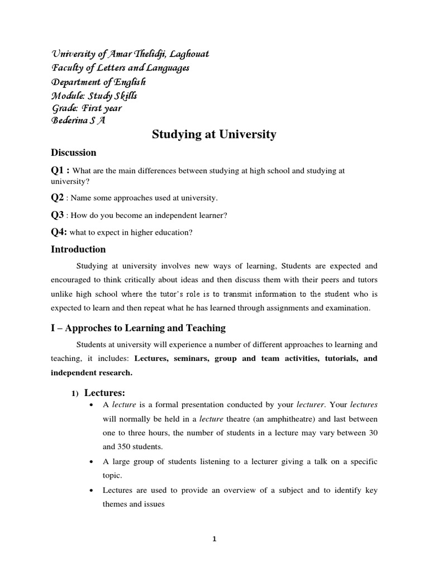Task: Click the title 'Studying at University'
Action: pyautogui.click(x=214, y=135)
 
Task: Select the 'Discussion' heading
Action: pyautogui.click(x=74, y=152)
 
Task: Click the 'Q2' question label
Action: pyautogui.click(x=58, y=197)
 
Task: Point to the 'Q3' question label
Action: pyautogui.click(x=58, y=214)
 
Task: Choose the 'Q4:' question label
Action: pyautogui.click(x=59, y=232)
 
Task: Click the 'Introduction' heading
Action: pyautogui.click(x=78, y=249)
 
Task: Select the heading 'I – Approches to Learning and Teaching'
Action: pyautogui.click(x=138, y=328)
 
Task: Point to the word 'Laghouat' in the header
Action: pyautogui.click(x=188, y=54)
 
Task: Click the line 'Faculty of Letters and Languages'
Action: pyautogui.click(x=120, y=68)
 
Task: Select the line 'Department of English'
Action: pyautogui.click(x=98, y=82)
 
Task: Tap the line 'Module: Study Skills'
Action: pyautogui.click(x=94, y=95)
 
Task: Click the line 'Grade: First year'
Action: pyautogui.click(x=86, y=108)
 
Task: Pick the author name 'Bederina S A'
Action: pyautogui.click(x=78, y=121)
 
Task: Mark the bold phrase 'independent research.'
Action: pyautogui.click(x=92, y=373)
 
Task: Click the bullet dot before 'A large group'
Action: pyautogui.click(x=91, y=462)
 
